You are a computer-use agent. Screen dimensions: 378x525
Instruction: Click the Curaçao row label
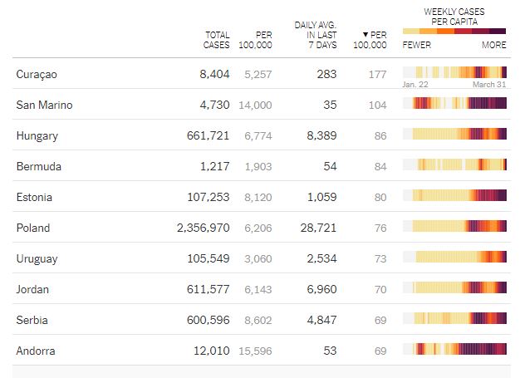(x=36, y=75)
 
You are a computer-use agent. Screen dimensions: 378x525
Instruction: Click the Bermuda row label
(x=38, y=167)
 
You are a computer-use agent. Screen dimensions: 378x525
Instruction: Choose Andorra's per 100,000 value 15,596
(x=255, y=351)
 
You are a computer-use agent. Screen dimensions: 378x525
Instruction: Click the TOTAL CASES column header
(x=217, y=40)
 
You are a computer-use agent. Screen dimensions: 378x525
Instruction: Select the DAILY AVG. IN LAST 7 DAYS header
(x=315, y=35)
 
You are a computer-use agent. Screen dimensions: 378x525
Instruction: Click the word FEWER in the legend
(x=416, y=45)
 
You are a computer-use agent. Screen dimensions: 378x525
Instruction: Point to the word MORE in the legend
(x=493, y=45)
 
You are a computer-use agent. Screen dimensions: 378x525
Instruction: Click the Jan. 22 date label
(x=415, y=85)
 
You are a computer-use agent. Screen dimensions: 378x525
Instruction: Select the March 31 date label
(x=489, y=85)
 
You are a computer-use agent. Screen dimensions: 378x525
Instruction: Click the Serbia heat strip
(x=454, y=320)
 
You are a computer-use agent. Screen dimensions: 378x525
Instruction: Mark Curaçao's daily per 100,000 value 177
(x=377, y=75)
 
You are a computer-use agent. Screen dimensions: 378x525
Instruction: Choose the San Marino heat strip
(x=454, y=105)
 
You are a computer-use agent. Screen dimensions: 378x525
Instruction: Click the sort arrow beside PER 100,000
(x=366, y=35)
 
